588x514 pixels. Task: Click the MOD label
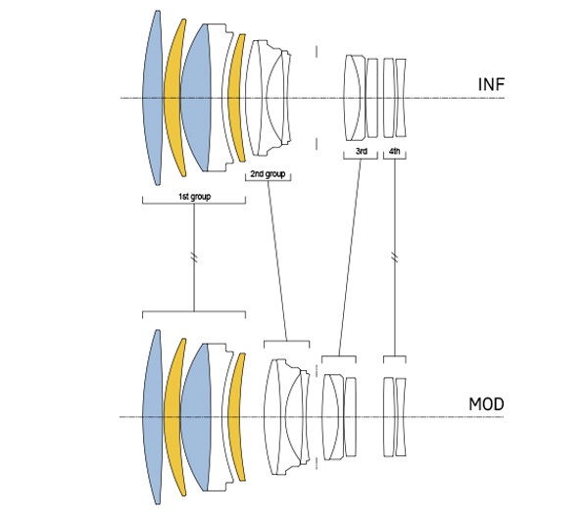[490, 403]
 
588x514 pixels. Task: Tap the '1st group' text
[194, 197]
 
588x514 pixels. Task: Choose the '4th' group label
[394, 153]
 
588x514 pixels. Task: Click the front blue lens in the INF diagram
[150, 97]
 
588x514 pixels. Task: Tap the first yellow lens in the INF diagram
[173, 97]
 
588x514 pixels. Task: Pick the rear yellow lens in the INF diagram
[234, 97]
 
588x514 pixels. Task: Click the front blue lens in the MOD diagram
[150, 416]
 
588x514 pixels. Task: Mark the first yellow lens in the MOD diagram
[173, 416]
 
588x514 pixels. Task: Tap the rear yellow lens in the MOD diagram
[237, 416]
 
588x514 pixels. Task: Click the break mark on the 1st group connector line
[194, 258]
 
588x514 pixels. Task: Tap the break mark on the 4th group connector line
[394, 258]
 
